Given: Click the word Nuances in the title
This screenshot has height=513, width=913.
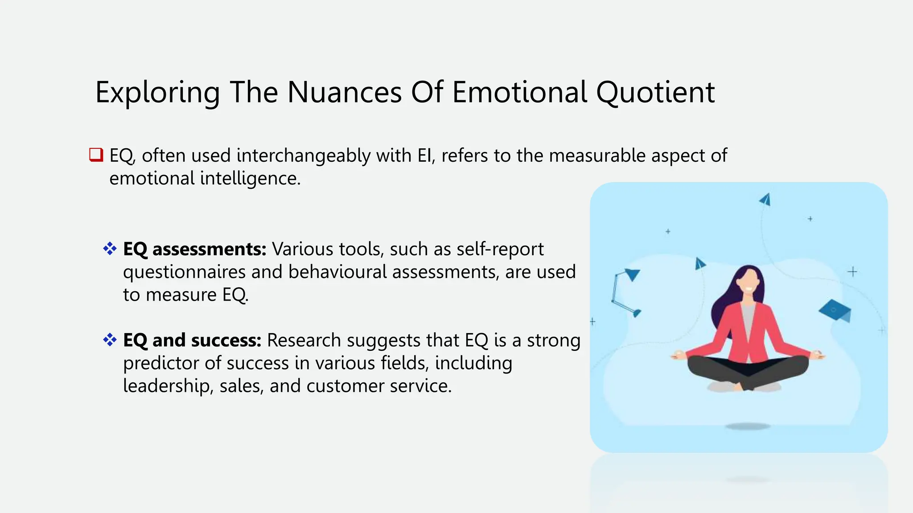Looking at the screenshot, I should tap(344, 93).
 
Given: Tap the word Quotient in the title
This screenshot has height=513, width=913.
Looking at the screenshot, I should tap(655, 93).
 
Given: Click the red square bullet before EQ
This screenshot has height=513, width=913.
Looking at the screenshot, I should tap(96, 155).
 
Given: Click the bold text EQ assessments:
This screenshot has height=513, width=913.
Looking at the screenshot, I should tap(194, 249).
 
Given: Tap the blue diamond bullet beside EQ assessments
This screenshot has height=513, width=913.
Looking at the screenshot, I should tap(110, 248).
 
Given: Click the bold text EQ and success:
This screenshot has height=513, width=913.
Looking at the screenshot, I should tap(192, 341).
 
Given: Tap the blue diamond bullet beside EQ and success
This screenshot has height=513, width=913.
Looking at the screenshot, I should tap(110, 340).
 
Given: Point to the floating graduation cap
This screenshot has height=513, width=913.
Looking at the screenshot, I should tap(835, 310).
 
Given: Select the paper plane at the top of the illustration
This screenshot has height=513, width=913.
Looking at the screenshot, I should tap(765, 199).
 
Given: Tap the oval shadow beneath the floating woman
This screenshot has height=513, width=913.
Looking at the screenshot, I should tap(748, 427).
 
